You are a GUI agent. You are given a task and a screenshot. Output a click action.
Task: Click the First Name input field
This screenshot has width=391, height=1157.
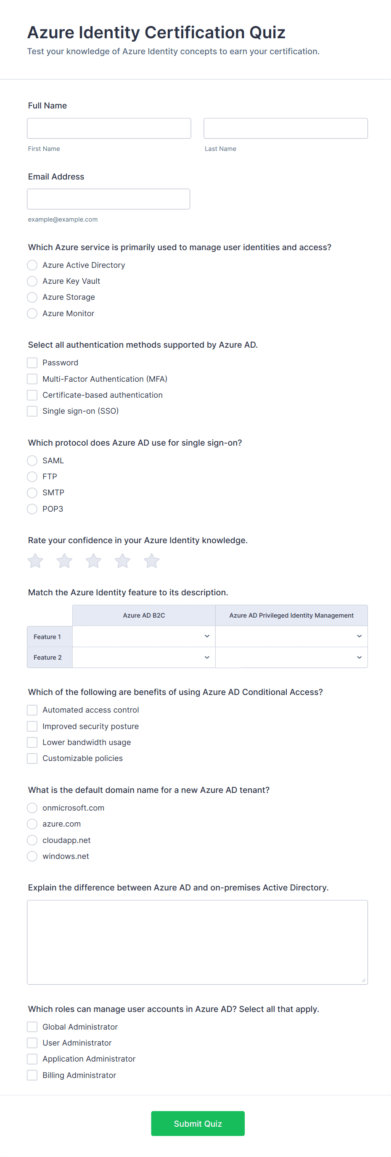click(108, 129)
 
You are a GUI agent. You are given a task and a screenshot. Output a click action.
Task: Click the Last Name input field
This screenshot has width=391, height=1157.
click(285, 129)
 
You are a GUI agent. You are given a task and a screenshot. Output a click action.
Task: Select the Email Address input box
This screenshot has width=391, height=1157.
click(108, 199)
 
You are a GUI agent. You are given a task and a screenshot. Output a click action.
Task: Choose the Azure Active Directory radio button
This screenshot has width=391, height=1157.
click(32, 265)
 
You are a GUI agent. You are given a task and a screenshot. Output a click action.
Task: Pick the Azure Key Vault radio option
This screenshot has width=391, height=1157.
click(32, 281)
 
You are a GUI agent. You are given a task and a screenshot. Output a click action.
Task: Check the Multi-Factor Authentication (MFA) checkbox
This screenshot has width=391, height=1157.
click(32, 379)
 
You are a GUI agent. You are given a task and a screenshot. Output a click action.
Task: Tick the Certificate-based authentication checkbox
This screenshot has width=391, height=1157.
click(32, 395)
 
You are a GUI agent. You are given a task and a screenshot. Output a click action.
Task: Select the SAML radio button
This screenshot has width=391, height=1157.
click(32, 460)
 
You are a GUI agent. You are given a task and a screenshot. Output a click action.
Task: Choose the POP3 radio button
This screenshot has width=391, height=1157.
click(32, 509)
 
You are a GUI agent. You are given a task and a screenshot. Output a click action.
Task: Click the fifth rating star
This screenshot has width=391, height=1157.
click(152, 560)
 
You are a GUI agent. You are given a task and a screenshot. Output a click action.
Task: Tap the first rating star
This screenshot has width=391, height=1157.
click(35, 560)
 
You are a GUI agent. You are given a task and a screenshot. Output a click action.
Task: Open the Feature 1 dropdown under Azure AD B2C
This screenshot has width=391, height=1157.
click(144, 637)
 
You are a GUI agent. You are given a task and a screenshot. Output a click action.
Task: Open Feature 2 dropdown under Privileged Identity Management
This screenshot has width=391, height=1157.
click(291, 657)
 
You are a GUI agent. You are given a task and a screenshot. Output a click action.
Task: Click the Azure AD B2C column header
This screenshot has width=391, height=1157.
click(144, 615)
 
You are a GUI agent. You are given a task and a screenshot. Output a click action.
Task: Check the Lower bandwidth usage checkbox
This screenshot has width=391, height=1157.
click(32, 742)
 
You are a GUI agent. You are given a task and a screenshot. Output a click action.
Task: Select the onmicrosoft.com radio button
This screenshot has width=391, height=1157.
click(32, 808)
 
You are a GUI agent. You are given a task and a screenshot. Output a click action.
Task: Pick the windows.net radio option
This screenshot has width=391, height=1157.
click(32, 856)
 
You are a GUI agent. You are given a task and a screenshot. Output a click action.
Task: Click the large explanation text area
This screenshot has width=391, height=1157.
click(197, 942)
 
